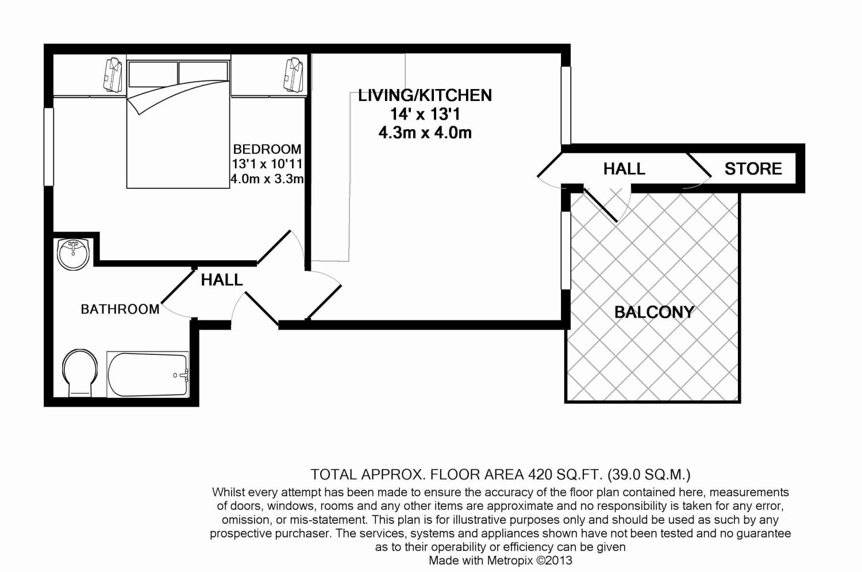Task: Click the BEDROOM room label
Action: point(267,149)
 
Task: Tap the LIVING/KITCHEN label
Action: point(425,95)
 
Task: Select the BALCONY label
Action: point(654,312)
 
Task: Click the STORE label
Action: point(753,169)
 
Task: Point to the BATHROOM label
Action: point(120,309)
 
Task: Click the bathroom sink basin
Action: point(73,254)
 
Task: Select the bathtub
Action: point(148,374)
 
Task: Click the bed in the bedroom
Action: point(178,132)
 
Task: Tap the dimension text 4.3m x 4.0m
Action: point(425,133)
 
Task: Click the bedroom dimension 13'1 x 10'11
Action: point(267,164)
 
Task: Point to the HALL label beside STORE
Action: point(624,169)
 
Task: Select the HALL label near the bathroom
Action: point(222,280)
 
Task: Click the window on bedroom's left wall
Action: point(49,147)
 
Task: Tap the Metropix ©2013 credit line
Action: point(500,561)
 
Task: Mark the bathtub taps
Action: point(182,375)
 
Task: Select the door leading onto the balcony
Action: point(601,203)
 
